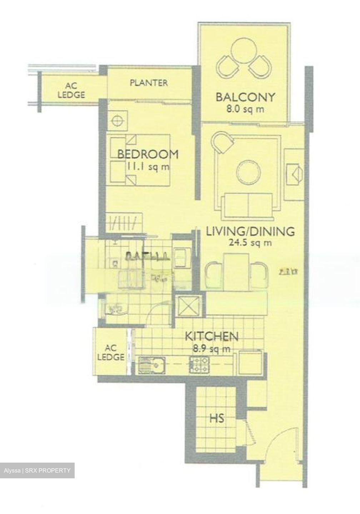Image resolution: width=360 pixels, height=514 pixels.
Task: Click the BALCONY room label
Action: pyautogui.click(x=245, y=97)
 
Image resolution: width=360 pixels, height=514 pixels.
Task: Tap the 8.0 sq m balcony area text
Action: pyautogui.click(x=245, y=109)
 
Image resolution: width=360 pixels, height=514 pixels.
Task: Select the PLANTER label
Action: pyautogui.click(x=149, y=83)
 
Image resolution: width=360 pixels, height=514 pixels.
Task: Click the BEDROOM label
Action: pyautogui.click(x=148, y=154)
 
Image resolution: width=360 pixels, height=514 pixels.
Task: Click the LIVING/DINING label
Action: pyautogui.click(x=251, y=231)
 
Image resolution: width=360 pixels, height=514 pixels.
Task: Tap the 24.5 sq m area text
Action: pyautogui.click(x=250, y=243)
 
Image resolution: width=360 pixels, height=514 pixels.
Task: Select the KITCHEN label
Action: pyautogui.click(x=211, y=336)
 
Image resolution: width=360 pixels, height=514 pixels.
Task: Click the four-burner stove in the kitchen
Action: pyautogui.click(x=199, y=365)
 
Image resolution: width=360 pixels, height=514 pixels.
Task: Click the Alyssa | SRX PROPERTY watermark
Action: pyautogui.click(x=37, y=470)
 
